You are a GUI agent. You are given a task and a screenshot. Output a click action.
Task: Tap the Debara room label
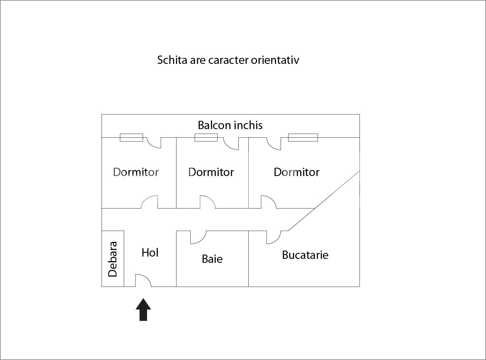point(113,259)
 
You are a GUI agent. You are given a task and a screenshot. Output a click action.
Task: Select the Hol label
point(150,253)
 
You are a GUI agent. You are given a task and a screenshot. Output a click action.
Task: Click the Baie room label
point(212,259)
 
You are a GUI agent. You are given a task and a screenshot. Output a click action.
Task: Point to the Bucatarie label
point(305,255)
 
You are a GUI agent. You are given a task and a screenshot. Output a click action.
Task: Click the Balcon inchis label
point(230,125)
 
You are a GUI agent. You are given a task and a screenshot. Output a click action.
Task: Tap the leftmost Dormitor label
point(136,172)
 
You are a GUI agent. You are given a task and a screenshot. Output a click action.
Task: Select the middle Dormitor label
point(211,172)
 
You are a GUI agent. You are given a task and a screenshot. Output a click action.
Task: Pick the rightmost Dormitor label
point(296,172)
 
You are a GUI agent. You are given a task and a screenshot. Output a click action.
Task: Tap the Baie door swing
point(198,237)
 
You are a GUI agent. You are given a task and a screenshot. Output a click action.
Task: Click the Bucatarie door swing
point(273,237)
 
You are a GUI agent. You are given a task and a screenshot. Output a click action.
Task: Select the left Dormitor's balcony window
point(131,137)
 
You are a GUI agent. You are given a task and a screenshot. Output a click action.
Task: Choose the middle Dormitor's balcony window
point(206,137)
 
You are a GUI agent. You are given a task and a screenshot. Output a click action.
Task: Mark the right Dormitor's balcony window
point(303,137)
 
